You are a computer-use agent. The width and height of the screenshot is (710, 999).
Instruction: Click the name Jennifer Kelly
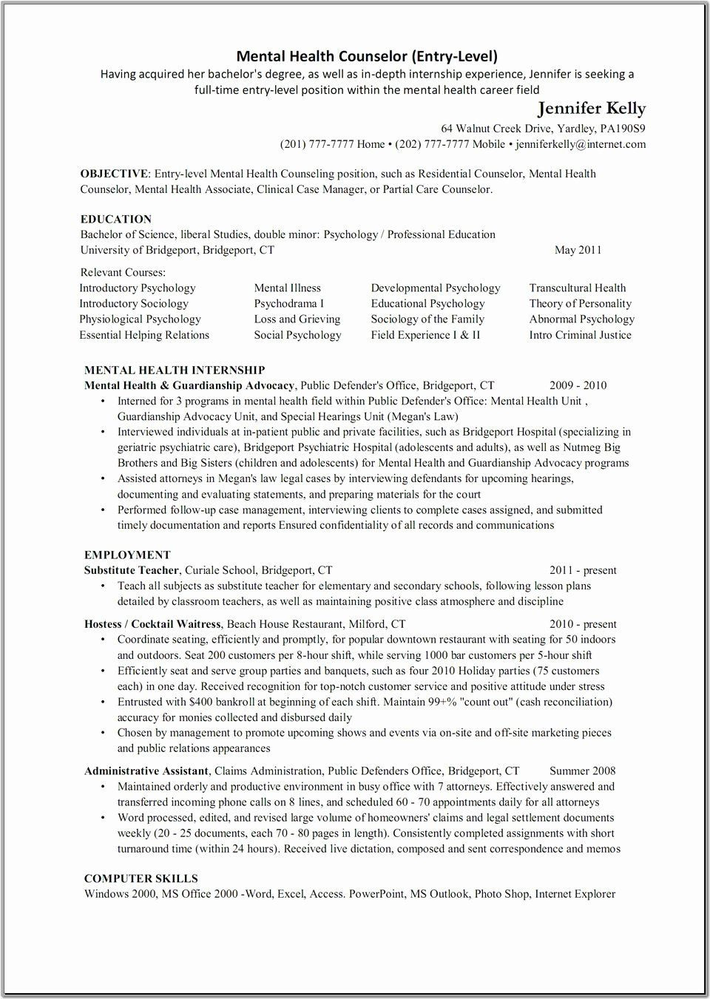(591, 109)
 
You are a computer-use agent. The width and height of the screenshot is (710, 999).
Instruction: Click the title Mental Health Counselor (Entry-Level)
(367, 55)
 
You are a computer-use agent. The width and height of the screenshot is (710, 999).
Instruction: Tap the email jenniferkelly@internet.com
(581, 144)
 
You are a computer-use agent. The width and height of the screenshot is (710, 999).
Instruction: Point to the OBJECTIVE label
(114, 174)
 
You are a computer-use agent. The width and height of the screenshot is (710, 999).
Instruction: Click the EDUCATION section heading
(116, 219)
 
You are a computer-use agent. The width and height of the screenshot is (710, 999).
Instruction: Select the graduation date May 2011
(578, 250)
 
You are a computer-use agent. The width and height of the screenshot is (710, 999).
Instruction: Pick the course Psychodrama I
(288, 304)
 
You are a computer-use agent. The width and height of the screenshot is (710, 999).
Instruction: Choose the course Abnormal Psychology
(581, 319)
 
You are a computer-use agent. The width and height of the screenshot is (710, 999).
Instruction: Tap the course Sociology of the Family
(427, 319)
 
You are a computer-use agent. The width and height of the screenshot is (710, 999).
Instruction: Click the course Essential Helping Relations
(144, 335)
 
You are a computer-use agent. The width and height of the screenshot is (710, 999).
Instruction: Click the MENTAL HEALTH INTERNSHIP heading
(175, 370)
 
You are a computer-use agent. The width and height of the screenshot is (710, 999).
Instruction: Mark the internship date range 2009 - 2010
(578, 385)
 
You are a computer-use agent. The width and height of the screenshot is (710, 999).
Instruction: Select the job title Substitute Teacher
(132, 570)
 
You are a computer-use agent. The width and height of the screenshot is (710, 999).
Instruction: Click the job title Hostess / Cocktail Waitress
(152, 624)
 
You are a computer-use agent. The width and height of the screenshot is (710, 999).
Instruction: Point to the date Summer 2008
(582, 771)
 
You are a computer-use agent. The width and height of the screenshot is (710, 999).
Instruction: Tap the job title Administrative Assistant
(146, 771)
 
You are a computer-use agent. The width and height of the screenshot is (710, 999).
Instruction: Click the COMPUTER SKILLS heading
(141, 878)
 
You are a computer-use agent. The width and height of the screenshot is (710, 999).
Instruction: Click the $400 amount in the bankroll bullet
(202, 702)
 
